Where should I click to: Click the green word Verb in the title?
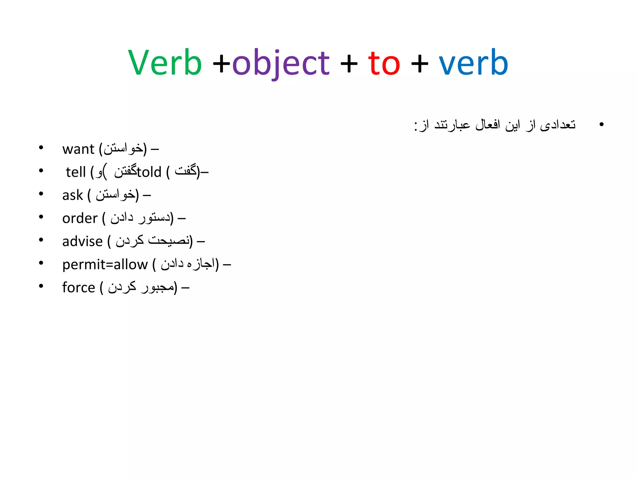tap(165, 63)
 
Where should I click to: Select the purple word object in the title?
tap(281, 63)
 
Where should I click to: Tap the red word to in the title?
tap(384, 63)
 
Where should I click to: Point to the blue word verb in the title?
tap(473, 63)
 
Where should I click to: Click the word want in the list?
tap(78, 149)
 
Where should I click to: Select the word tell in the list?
tap(76, 172)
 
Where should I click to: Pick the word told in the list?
tap(149, 172)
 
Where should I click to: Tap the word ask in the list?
tap(72, 195)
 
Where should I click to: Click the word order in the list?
tap(80, 218)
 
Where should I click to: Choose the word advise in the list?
tap(82, 241)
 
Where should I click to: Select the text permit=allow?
tap(105, 265)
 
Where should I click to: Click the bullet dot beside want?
tap(41, 148)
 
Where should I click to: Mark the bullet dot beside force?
tap(41, 286)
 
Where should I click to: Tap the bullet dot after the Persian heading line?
tap(601, 124)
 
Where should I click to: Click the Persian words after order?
tap(140, 218)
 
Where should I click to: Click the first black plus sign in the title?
tap(221, 64)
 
